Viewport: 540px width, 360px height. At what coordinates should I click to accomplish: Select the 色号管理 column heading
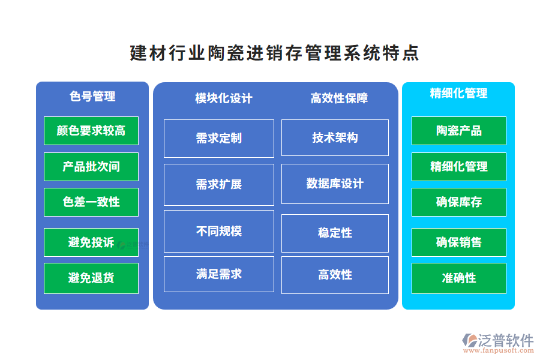point(92,96)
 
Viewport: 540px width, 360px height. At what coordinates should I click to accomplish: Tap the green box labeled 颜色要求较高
point(91,131)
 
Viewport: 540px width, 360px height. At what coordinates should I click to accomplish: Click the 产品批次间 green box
point(91,167)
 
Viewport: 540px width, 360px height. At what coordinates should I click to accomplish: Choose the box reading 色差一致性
point(91,202)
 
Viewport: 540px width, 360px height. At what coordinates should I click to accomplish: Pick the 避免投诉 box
point(91,242)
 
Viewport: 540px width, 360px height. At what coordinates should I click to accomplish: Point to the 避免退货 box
point(91,278)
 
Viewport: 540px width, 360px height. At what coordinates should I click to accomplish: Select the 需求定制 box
point(219,139)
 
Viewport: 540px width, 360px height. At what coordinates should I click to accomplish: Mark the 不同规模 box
point(219,231)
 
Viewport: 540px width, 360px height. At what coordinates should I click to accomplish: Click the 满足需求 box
point(219,274)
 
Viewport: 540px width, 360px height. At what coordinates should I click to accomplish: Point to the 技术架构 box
point(335,138)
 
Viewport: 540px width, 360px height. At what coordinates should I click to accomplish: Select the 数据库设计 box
point(335,184)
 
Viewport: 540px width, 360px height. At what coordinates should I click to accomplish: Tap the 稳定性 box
point(335,233)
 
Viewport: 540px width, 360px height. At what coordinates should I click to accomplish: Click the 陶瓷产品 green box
point(458,131)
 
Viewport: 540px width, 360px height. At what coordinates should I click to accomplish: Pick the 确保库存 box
point(458,202)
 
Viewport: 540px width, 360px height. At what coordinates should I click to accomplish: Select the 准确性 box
point(458,278)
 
